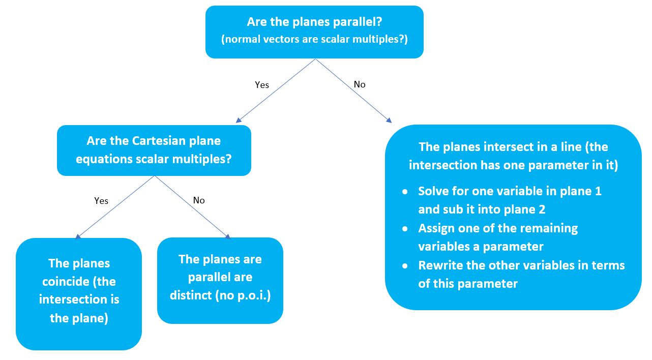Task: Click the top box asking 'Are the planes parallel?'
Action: [x=314, y=32]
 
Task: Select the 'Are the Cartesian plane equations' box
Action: [x=154, y=150]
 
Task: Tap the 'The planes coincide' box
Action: [x=79, y=293]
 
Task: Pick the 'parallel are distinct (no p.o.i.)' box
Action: [x=220, y=280]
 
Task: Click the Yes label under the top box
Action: [x=262, y=85]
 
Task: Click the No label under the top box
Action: [x=360, y=84]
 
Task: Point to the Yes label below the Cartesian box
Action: [x=101, y=201]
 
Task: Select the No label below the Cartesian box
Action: [x=199, y=200]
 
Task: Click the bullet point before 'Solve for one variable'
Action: [x=405, y=192]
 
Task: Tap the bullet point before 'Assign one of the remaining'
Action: [x=405, y=229]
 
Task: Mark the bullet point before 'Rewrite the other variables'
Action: [x=405, y=266]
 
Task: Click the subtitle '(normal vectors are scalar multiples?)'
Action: [x=314, y=40]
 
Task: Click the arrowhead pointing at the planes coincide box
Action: [x=78, y=236]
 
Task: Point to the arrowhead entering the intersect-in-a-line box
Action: [x=389, y=121]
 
